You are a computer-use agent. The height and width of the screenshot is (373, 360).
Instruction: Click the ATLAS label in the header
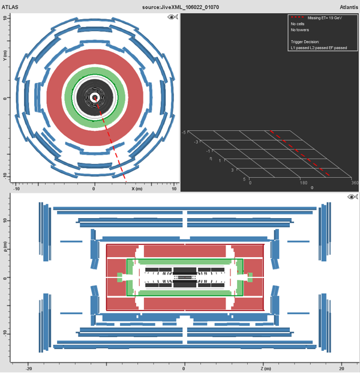pos(10,7)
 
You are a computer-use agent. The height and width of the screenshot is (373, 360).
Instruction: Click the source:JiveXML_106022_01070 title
pos(181,7)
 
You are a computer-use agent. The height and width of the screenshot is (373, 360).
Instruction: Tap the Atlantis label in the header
pos(349,7)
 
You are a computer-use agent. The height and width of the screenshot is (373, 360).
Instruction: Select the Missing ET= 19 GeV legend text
pos(325,18)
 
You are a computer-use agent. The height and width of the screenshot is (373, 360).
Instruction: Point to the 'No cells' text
pos(298,24)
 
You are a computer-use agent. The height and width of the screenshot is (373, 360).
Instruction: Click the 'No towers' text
pos(300,30)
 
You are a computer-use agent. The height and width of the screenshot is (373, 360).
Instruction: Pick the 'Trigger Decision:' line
pos(305,42)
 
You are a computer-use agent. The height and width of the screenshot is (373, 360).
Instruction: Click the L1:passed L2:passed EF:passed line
pos(319,48)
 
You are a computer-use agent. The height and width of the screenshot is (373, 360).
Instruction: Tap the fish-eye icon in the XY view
pos(173,17)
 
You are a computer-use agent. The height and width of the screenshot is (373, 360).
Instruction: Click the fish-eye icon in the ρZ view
pos(353,197)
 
